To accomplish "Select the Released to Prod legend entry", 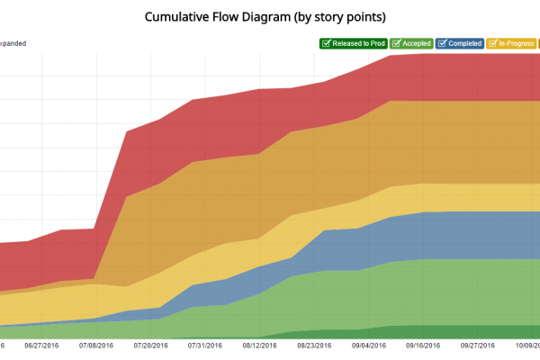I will coord(353,43).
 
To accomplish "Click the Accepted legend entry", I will coord(412,43).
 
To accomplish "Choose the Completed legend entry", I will coord(459,43).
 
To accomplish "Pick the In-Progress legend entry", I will coord(510,43).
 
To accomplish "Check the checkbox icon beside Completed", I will coord(442,43).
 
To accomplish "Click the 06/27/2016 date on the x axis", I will coord(42,345).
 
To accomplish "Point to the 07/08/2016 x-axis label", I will coord(96,345).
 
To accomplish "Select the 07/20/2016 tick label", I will coord(150,345).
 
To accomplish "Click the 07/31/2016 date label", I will coord(205,345).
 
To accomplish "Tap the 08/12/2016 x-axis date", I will coord(259,345).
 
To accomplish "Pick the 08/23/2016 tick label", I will coord(314,345).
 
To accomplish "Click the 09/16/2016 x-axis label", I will coord(423,345).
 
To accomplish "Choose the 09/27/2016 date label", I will coord(478,345).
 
